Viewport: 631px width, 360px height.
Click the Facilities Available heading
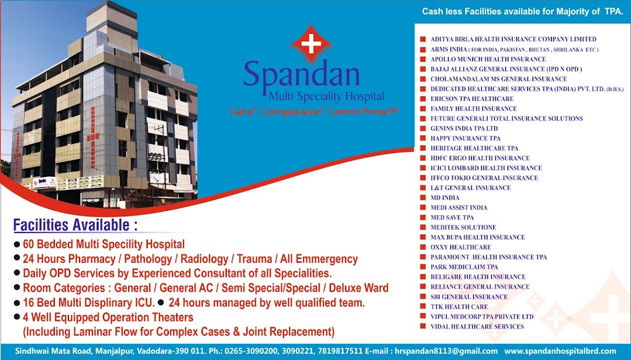(x=75, y=225)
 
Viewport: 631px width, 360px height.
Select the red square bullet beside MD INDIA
(x=423, y=198)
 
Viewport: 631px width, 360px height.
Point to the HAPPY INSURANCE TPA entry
(x=465, y=138)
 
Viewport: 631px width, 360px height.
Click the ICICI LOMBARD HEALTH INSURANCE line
(x=486, y=168)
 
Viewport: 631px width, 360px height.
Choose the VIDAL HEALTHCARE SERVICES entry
(x=477, y=327)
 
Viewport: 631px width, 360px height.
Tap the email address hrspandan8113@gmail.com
(x=446, y=351)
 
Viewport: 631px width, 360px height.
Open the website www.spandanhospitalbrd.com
(x=560, y=351)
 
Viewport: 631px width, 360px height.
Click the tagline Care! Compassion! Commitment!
(x=314, y=111)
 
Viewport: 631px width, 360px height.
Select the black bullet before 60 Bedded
(x=17, y=243)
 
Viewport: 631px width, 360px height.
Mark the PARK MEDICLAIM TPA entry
(x=464, y=267)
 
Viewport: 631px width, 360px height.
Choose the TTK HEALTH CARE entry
(x=458, y=307)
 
